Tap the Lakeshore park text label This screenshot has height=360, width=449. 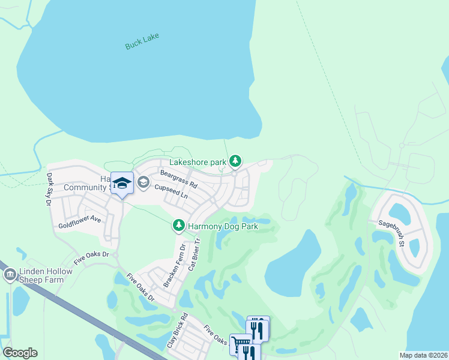197,161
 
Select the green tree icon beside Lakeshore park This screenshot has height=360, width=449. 236,161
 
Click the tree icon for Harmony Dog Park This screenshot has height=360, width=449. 178,226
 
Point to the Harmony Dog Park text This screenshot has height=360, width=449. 223,226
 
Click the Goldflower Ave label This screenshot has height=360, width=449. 79,222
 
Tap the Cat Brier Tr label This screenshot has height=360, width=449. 193,254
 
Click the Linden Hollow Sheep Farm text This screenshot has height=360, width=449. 46,276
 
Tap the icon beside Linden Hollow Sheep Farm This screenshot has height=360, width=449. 10,275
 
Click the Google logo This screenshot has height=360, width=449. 20,353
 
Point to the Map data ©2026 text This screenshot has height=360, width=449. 423,355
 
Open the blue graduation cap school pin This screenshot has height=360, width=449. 122,184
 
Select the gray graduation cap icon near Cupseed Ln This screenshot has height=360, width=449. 143,182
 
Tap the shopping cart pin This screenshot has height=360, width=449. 240,344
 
